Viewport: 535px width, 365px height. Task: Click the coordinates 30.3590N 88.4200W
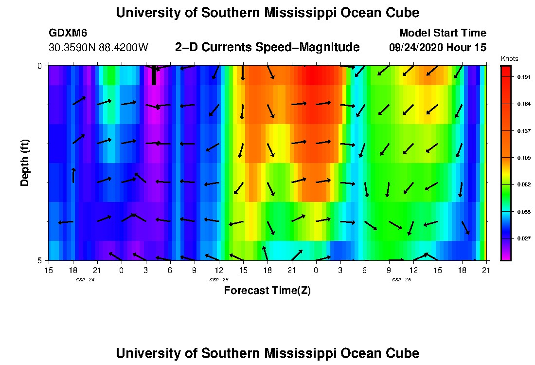point(98,48)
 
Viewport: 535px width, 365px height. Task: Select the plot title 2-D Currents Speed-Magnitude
point(267,47)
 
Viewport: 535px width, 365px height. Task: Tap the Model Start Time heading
point(442,33)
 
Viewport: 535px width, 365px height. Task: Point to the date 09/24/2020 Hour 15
point(438,48)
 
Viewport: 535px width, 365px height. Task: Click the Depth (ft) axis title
point(25,163)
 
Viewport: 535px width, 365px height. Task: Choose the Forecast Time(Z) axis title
point(267,291)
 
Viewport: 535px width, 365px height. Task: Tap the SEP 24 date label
point(85,280)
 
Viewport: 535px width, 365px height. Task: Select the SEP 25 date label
point(219,280)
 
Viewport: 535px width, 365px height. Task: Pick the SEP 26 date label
point(401,280)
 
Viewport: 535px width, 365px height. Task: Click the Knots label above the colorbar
point(509,58)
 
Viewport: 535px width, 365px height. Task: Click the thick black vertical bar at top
point(154,75)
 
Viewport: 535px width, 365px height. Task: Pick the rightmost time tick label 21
point(486,270)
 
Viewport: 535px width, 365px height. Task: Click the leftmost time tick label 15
point(49,270)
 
